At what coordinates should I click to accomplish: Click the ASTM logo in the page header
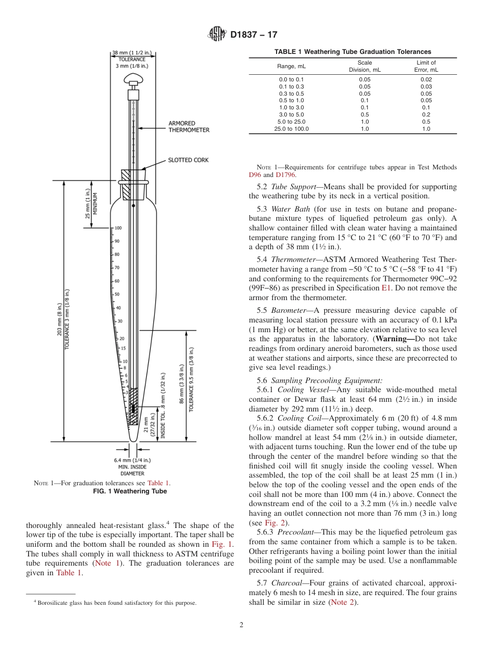click(217, 35)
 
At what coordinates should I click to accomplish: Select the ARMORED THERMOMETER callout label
click(189, 127)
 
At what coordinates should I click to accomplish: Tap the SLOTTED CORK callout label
click(188, 160)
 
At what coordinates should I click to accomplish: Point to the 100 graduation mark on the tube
click(117, 228)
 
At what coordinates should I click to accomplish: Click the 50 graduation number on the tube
click(117, 295)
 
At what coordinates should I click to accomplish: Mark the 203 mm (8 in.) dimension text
click(59, 319)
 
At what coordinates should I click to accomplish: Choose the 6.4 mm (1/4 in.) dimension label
click(132, 460)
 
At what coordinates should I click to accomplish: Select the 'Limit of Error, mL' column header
click(426, 66)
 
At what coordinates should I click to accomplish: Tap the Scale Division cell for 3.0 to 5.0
click(365, 114)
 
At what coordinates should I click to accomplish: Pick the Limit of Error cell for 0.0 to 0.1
click(426, 79)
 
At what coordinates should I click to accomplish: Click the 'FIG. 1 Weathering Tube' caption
click(129, 491)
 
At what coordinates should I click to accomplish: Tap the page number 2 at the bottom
click(242, 625)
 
